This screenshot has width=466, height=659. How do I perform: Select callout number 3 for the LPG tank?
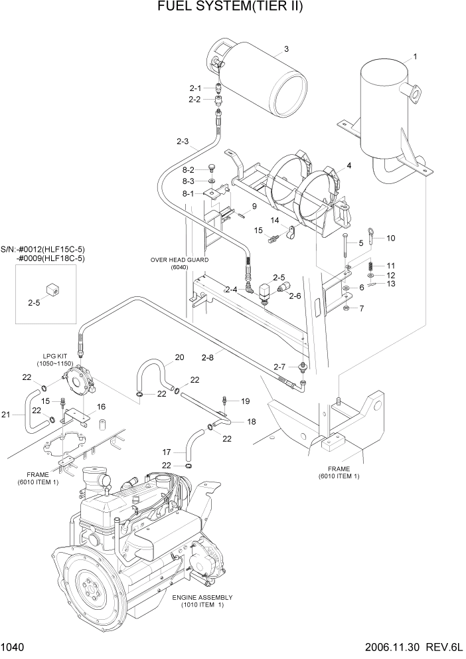(286, 48)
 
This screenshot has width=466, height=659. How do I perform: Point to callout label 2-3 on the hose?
(183, 141)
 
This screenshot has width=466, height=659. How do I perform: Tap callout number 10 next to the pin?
(390, 238)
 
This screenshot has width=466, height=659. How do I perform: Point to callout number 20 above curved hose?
(179, 357)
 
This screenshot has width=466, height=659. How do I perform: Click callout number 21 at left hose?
(6, 415)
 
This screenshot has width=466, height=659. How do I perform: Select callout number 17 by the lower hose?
(167, 450)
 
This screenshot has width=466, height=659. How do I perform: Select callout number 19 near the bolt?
(245, 401)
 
